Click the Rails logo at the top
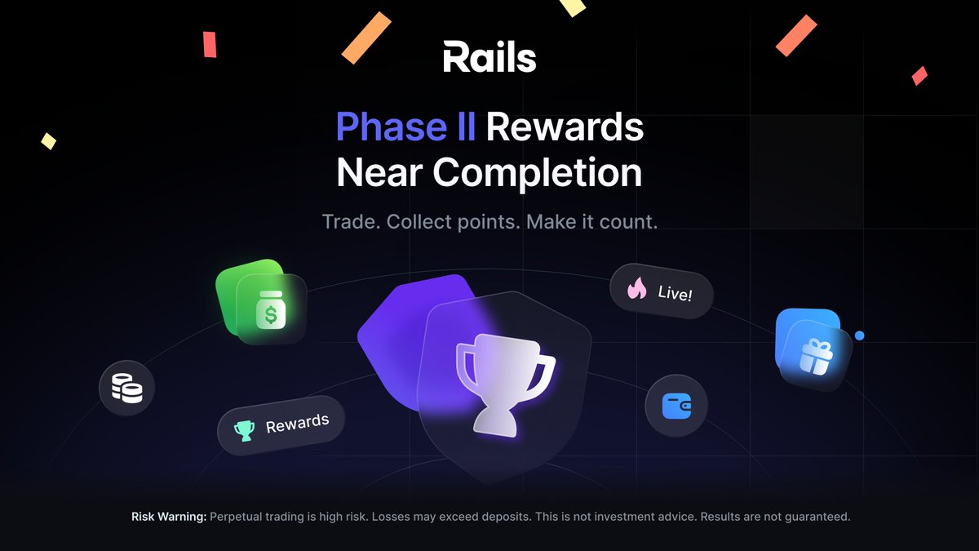pos(489,58)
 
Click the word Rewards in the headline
pos(565,127)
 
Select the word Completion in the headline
pos(537,172)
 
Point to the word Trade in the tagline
pos(350,221)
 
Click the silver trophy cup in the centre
pos(495,379)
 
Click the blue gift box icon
pos(813,356)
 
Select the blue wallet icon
pos(676,405)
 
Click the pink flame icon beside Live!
pos(637,287)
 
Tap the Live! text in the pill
pos(675,292)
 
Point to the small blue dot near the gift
pos(859,335)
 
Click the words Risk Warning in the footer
pos(169,517)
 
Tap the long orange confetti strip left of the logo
pos(366,38)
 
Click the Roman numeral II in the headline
pos(464,127)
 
